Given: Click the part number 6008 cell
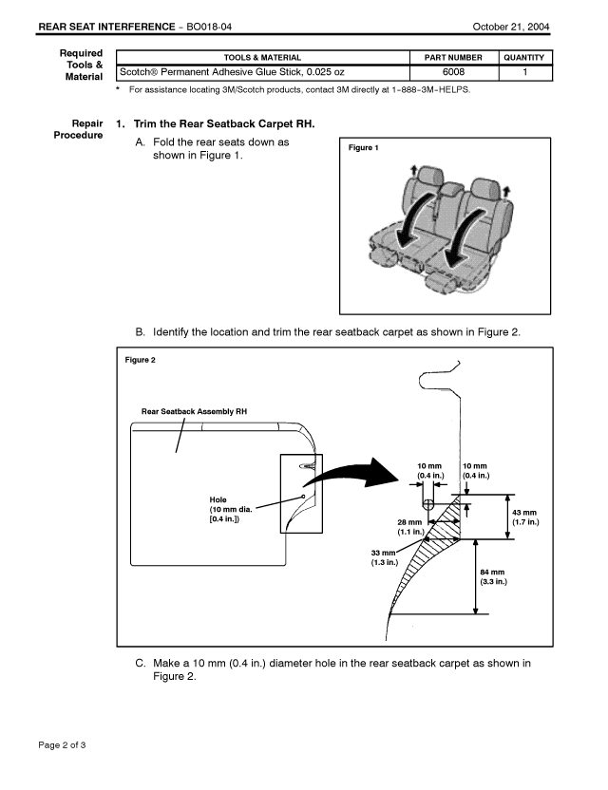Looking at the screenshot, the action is [453, 72].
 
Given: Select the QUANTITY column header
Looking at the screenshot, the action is [523, 57].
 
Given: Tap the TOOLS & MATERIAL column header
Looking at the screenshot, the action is [262, 57].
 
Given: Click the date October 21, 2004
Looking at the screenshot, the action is [511, 27].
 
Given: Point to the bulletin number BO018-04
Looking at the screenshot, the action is [209, 27].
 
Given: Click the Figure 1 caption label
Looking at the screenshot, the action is [363, 147].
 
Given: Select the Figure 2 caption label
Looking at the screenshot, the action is [141, 360].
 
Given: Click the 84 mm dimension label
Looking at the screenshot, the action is [493, 577].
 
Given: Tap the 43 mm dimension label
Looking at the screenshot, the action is [525, 517].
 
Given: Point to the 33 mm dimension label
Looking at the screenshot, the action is [384, 557].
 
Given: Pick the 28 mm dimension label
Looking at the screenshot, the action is [410, 527].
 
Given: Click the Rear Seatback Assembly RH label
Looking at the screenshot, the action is [194, 412].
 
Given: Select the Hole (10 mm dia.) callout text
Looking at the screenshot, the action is [231, 509].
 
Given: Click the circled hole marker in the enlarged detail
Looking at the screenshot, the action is [427, 504].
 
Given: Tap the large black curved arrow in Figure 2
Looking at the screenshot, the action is [352, 474].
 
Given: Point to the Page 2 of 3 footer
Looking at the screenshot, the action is [62, 745].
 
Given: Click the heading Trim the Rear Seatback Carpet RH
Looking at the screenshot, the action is [224, 124].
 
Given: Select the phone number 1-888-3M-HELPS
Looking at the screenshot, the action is [430, 90].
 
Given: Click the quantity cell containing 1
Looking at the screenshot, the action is [525, 72].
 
